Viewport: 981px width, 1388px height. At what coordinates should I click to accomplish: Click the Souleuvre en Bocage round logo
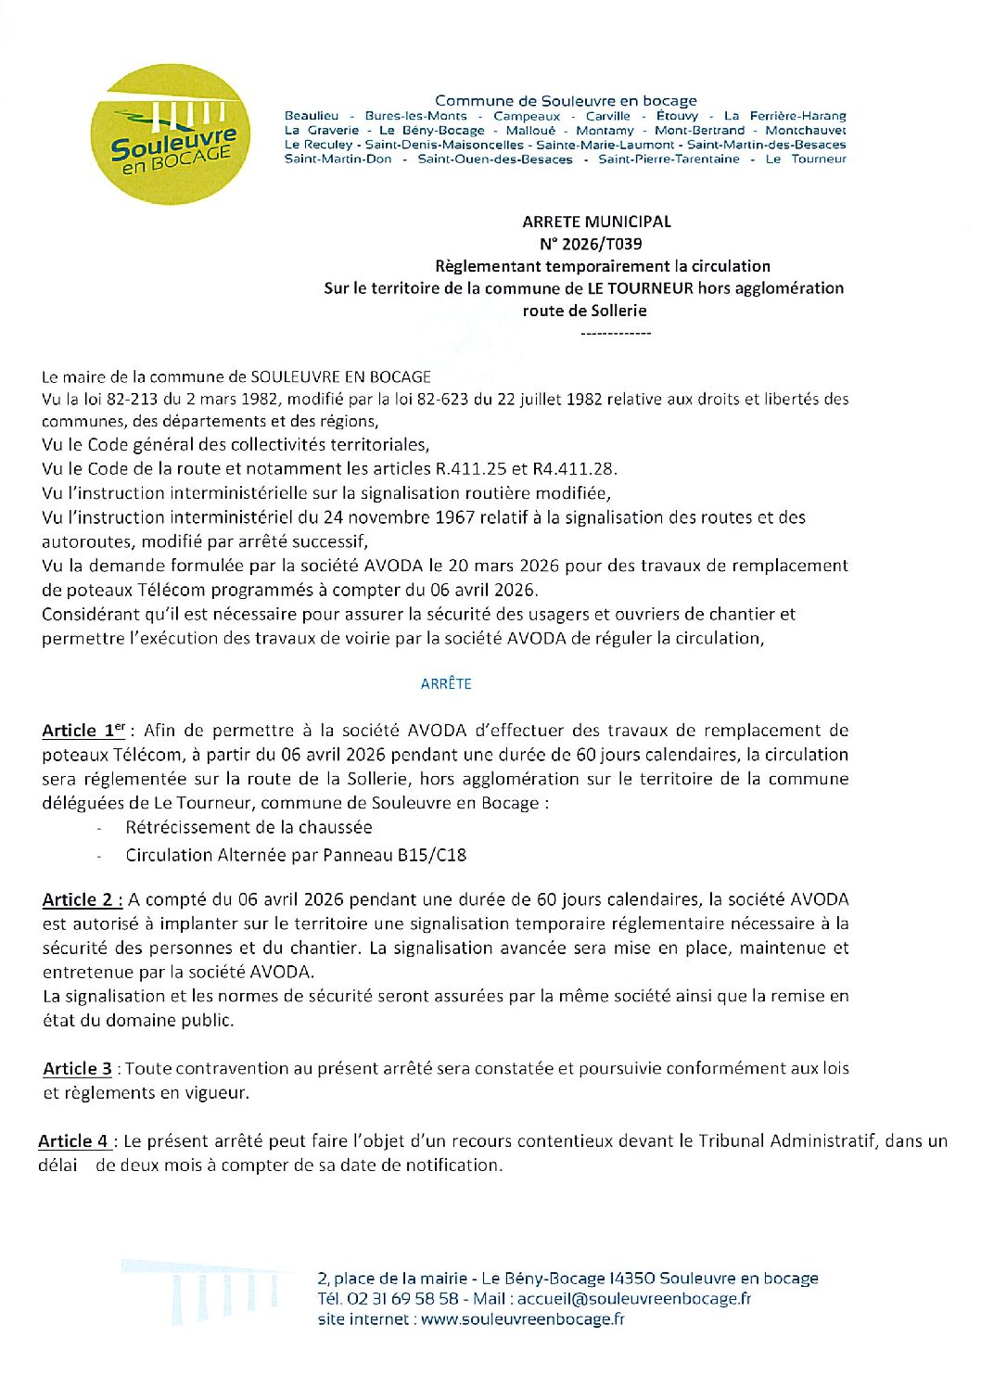(170, 134)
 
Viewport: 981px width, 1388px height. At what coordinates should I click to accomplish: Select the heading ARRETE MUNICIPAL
(596, 222)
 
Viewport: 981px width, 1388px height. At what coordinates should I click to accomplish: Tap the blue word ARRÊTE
(446, 683)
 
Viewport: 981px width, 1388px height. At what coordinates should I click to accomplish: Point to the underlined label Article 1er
(83, 731)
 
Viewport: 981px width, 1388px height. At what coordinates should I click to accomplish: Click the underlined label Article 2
(82, 899)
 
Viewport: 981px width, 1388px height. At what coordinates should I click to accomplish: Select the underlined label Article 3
(77, 1068)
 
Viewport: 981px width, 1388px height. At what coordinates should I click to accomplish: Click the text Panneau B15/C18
(394, 855)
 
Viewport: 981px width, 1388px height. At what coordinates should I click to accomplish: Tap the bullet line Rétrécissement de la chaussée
(248, 827)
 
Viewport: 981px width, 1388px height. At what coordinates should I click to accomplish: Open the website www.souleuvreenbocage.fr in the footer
(522, 1318)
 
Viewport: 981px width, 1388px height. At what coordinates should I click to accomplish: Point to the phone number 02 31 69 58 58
(402, 1298)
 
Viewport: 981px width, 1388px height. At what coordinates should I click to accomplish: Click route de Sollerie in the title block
(584, 311)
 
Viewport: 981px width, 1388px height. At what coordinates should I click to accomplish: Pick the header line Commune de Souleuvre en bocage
(566, 100)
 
